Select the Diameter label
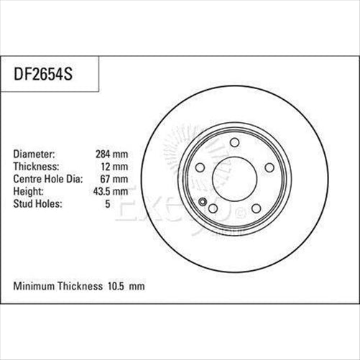point(35,154)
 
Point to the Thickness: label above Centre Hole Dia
point(37,166)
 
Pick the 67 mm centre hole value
point(116,178)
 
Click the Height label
point(29,190)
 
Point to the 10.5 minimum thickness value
point(116,286)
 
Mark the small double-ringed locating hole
point(203,200)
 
